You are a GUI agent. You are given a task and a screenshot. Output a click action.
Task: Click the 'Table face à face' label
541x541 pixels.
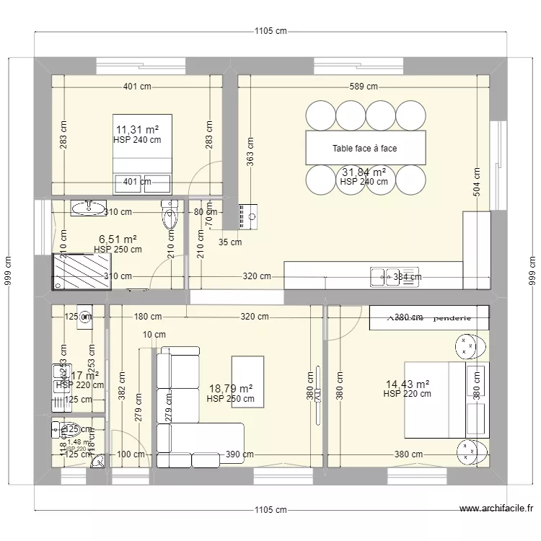[364, 149]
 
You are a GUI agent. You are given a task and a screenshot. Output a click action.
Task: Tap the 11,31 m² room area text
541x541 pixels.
[137, 130]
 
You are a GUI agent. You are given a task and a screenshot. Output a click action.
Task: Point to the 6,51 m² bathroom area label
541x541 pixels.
[117, 239]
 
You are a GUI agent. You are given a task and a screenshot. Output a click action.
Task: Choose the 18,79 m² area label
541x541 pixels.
[230, 388]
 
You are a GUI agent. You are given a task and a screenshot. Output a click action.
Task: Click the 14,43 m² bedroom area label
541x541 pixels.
[407, 384]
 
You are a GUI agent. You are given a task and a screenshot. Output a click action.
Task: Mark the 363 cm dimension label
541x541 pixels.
[250, 152]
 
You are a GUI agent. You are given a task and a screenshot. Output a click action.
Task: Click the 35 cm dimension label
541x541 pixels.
[231, 242]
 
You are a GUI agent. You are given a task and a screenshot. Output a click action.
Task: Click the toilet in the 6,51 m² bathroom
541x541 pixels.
[170, 216]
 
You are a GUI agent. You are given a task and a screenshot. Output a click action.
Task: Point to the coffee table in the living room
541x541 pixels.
[247, 381]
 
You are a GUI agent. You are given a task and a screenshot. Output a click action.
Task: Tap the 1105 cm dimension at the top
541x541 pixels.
[270, 31]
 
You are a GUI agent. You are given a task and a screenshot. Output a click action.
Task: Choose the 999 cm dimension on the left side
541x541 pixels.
[8, 272]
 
